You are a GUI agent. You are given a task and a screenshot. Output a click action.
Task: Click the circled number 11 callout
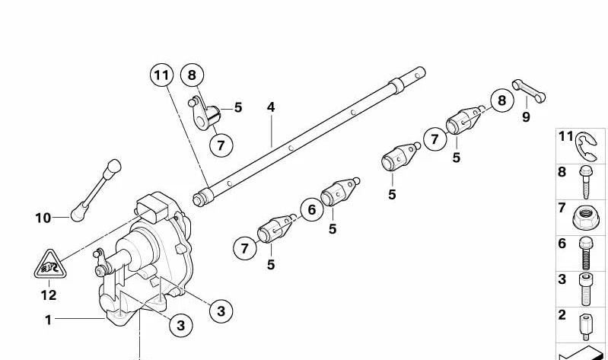click(161, 75)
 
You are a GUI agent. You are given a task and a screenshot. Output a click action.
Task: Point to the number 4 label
click(270, 107)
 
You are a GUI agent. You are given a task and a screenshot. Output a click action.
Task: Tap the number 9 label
click(526, 116)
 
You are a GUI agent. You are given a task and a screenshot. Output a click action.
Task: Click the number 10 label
click(42, 218)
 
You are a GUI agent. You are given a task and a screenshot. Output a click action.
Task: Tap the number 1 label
click(48, 320)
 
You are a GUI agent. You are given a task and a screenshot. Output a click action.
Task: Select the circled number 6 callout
click(310, 209)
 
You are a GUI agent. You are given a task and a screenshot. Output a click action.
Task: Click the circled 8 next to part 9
click(500, 100)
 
